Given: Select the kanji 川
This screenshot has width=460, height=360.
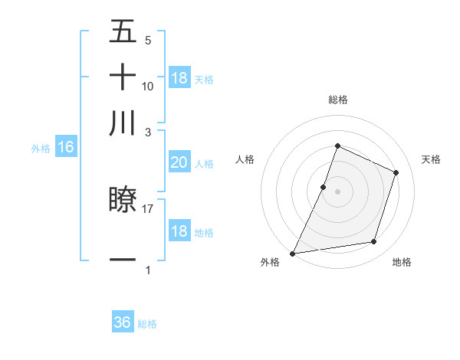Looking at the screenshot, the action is [x=123, y=123].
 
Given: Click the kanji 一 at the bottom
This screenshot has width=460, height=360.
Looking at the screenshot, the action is [x=123, y=260].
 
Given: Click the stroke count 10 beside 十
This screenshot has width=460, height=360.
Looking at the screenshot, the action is [x=148, y=86].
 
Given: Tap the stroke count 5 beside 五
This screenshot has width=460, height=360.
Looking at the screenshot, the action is [x=148, y=40].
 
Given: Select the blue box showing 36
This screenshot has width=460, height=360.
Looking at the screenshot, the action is [x=123, y=323].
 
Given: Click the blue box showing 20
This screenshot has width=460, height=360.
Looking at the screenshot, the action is [x=179, y=162].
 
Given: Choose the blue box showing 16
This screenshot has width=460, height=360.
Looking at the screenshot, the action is [x=66, y=148].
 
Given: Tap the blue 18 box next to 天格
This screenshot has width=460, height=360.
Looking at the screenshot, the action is [x=179, y=78].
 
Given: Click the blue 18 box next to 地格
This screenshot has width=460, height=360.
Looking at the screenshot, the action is [x=179, y=231].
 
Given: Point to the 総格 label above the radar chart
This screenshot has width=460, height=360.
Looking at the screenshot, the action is [x=337, y=100].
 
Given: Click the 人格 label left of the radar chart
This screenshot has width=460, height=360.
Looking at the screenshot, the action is [x=245, y=159].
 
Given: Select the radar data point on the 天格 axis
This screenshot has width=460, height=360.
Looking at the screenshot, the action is [x=396, y=172].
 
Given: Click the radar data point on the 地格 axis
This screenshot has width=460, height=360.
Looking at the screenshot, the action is [x=374, y=242].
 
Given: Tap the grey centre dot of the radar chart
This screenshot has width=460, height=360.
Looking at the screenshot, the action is [x=337, y=191].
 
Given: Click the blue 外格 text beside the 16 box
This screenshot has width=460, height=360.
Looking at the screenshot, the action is [x=41, y=149].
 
